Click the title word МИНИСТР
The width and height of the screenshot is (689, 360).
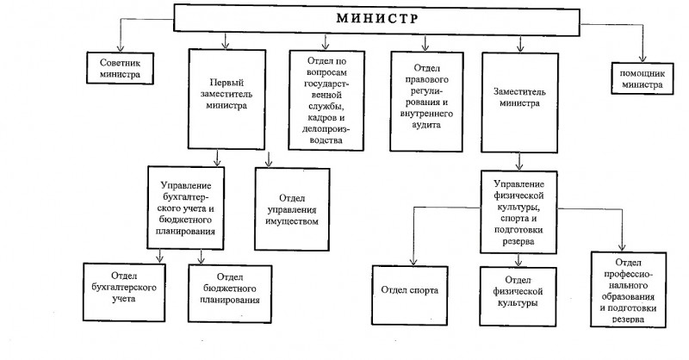377,18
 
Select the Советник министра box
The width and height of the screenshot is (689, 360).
120,68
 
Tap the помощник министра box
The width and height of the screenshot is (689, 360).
642,78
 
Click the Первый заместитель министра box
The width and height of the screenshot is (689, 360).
227,99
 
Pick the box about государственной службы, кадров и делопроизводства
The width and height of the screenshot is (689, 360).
326,100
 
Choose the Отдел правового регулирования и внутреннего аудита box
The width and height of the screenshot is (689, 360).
426,102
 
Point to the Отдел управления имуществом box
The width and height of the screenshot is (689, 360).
292,209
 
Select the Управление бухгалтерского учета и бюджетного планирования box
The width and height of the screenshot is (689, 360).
186,208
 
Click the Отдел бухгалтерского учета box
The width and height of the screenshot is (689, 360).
124,292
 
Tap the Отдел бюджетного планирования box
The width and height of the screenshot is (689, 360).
230,294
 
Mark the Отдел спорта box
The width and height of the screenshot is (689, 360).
410,295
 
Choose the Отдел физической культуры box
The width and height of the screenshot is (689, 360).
518,297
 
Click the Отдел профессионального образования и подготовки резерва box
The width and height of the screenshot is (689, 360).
629,289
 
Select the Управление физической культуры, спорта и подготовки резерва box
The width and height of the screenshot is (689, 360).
518,213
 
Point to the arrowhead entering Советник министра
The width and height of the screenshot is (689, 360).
120,48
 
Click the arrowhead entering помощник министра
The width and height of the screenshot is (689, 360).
642,58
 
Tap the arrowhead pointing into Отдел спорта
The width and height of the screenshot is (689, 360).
413,261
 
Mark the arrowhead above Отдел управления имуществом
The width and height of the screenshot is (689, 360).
269,163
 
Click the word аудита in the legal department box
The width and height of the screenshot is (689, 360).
426,125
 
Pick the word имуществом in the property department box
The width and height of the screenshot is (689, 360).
292,221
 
